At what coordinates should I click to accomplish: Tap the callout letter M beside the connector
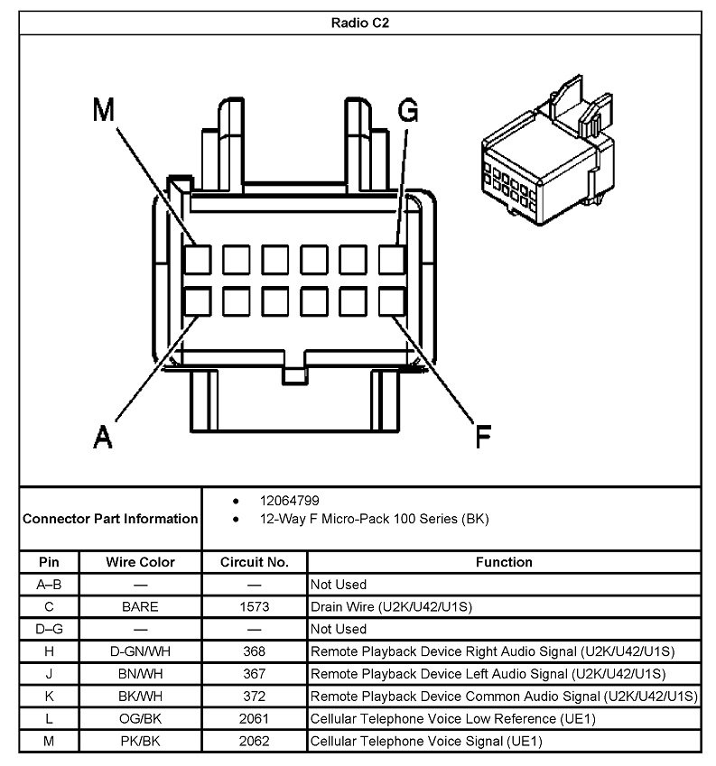pos(105,110)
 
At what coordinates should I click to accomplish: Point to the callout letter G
pos(408,110)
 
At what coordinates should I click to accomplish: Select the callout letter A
pos(104,437)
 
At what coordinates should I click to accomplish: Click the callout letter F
pos(484,437)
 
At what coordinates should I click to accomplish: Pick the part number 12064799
pos(289,500)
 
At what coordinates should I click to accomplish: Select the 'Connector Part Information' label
pos(110,519)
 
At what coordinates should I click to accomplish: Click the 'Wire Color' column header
pos(140,562)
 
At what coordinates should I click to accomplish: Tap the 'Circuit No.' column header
pos(255,562)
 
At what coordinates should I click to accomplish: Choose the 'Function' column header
pos(504,562)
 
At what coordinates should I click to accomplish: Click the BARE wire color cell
pos(140,606)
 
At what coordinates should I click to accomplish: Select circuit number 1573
pos(255,606)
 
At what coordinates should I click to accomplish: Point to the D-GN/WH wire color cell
pos(140,651)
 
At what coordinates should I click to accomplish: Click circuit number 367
pos(255,674)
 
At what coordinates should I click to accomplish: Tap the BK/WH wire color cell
pos(140,697)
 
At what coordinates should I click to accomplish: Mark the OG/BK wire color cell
pos(140,719)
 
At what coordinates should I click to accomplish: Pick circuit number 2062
pos(255,742)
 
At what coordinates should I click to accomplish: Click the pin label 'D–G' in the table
pos(49,629)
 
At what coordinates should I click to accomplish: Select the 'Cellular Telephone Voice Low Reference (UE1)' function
pos(452,719)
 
